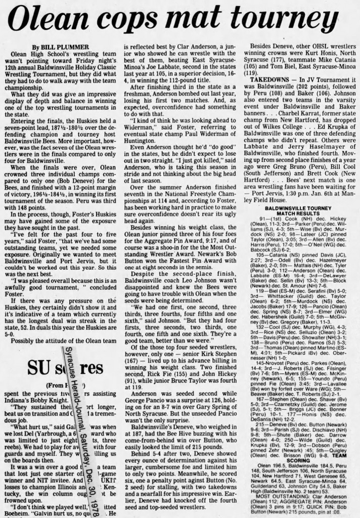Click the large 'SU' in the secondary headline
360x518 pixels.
(25, 365)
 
